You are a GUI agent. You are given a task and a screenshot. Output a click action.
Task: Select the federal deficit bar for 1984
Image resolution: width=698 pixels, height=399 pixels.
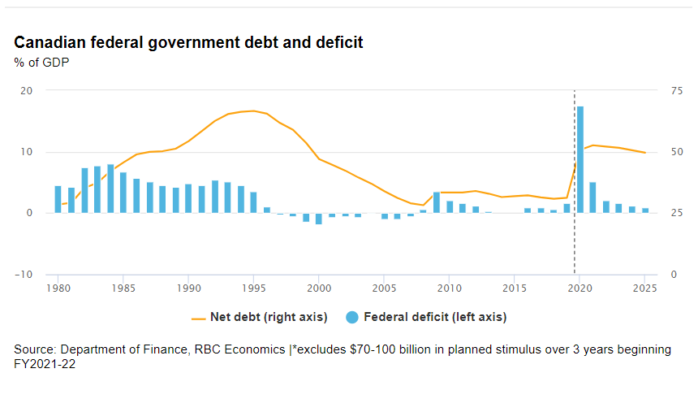pyautogui.click(x=110, y=189)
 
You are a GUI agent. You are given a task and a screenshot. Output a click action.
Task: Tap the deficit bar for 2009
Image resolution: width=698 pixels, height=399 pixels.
pyautogui.click(x=437, y=202)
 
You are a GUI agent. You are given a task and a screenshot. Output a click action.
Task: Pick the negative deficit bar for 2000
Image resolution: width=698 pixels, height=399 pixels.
pyautogui.click(x=319, y=219)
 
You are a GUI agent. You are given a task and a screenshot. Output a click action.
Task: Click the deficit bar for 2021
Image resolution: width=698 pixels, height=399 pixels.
pyautogui.click(x=592, y=197)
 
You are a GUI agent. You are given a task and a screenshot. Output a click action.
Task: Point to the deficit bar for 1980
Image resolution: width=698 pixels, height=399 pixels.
pyautogui.click(x=58, y=199)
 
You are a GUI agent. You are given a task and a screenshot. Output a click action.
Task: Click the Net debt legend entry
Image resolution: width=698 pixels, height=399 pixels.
pyautogui.click(x=260, y=317)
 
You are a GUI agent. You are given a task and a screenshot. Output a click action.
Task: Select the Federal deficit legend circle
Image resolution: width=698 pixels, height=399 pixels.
pyautogui.click(x=351, y=317)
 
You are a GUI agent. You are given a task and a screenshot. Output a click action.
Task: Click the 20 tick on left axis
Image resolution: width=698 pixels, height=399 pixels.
pyautogui.click(x=27, y=90)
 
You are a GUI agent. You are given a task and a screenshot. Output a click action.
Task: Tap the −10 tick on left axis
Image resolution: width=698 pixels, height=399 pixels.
pyautogui.click(x=25, y=274)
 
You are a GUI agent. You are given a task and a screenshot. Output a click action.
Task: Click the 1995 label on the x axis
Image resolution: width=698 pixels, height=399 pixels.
pyautogui.click(x=254, y=288)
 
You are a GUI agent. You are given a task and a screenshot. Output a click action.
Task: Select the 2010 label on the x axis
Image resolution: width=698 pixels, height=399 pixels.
pyautogui.click(x=450, y=288)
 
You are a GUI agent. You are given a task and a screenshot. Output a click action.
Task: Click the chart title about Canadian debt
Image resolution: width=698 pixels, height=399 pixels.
pyautogui.click(x=188, y=42)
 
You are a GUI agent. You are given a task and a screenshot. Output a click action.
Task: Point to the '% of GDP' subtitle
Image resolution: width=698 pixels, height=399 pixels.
pyautogui.click(x=41, y=62)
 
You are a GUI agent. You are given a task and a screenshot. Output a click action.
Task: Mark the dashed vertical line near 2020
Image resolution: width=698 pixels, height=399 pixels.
pyautogui.click(x=575, y=244)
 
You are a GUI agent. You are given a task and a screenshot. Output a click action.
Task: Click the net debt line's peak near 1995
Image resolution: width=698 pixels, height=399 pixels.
pyautogui.click(x=253, y=111)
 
